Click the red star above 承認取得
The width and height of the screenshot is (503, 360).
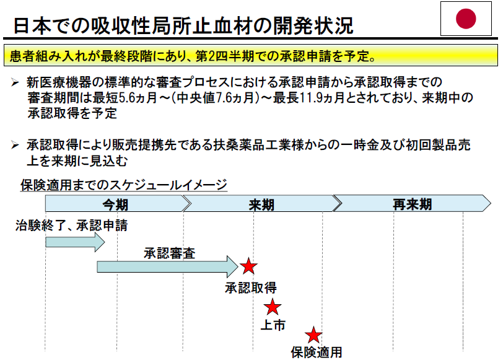tap(248, 266)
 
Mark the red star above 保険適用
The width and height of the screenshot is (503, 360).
tap(314, 335)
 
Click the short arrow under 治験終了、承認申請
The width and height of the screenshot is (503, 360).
tap(75, 242)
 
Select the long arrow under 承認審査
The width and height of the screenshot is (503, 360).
tap(167, 266)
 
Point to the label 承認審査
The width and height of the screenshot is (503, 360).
tap(170, 253)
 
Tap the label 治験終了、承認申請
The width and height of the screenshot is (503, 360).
tap(71, 226)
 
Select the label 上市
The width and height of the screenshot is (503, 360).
tap(273, 325)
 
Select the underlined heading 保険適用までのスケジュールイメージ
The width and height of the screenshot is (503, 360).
tap(124, 185)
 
